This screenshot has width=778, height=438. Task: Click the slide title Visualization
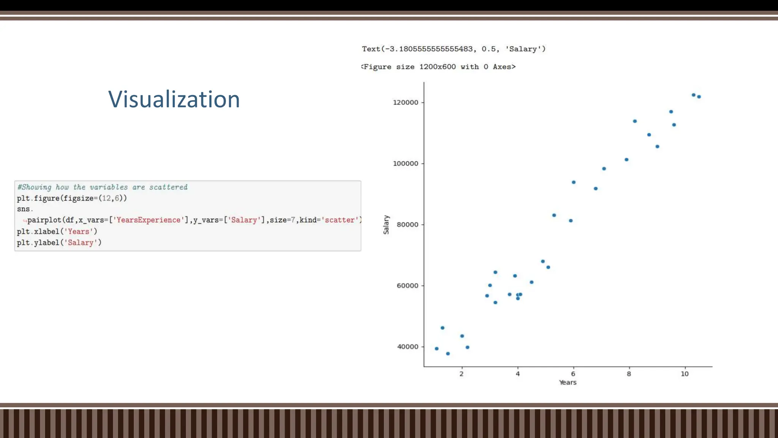point(174,100)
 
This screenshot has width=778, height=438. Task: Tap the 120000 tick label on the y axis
point(405,103)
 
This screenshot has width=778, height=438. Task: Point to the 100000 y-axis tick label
point(405,164)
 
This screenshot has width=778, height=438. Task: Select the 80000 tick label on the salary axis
point(407,225)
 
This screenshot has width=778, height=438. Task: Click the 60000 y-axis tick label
point(407,286)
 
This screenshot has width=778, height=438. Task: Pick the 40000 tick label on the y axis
point(407,347)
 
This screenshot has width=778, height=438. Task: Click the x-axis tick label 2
point(462,374)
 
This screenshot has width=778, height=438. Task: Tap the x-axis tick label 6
point(573,374)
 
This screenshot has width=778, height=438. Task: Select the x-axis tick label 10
point(685,374)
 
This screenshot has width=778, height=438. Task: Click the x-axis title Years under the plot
point(568,382)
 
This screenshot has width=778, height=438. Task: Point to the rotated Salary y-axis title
point(386,225)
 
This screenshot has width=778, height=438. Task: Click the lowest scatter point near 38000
point(448,354)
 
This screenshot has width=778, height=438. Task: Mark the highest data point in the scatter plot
point(693,95)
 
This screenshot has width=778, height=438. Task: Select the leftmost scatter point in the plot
point(436,349)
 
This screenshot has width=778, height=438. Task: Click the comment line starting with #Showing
point(102,187)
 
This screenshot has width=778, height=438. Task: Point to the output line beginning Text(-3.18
point(454,49)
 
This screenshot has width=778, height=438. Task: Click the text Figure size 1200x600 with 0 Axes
point(439,67)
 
